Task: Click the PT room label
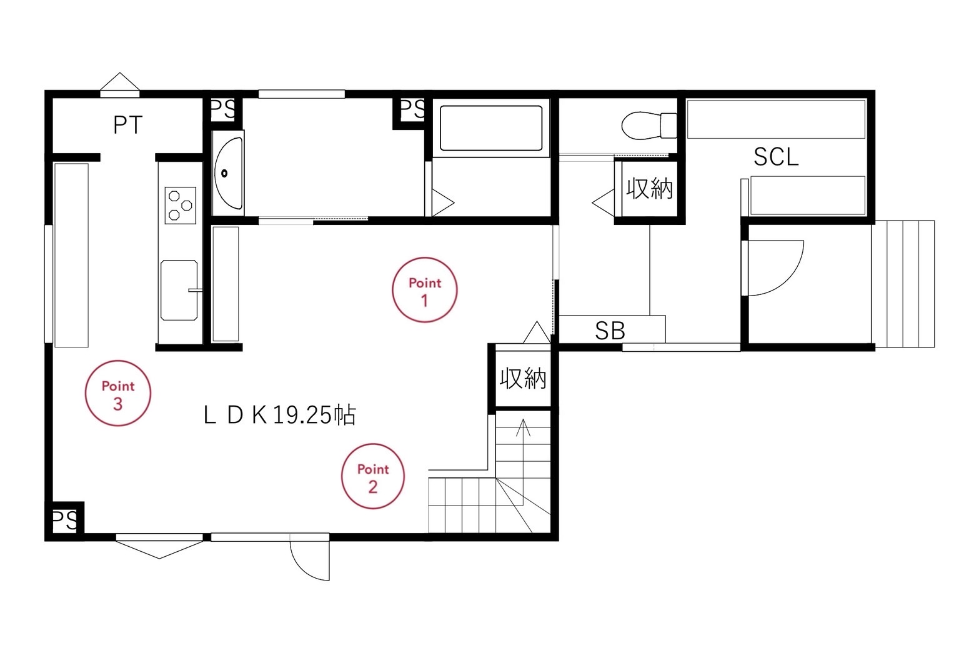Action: tap(127, 125)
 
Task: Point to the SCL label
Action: tap(776, 157)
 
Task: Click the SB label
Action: tap(610, 331)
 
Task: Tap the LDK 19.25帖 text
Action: tap(280, 415)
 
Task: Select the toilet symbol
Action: tap(650, 125)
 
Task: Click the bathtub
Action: tap(491, 128)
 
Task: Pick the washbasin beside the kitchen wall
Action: tap(227, 173)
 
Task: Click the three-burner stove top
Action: tap(181, 206)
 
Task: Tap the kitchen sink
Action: tap(179, 290)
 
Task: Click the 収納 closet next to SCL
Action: tap(650, 189)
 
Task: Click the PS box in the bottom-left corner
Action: tap(65, 521)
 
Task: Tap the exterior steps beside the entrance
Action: tap(903, 284)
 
